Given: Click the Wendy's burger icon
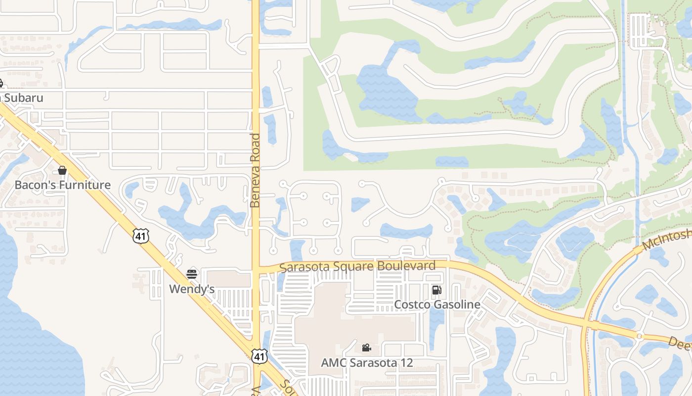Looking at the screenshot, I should coord(192,274).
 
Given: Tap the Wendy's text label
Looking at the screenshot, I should coord(192,289).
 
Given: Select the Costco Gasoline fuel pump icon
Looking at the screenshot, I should coord(436,290).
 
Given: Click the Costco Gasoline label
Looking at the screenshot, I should coord(437,304).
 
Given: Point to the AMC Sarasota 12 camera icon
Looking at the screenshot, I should coord(366,347).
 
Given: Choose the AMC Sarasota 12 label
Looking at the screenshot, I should coord(367,362).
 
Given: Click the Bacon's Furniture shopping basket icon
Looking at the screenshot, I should coord(62,170).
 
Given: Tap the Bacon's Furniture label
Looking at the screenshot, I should coord(62,185).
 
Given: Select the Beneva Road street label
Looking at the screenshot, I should coord(255,170).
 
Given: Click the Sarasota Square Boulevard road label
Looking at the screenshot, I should coord(357,266).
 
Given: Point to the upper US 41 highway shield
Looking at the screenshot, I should coord(141,236).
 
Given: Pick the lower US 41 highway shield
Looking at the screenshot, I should coord(259,355).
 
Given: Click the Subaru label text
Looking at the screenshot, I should coord(23,98).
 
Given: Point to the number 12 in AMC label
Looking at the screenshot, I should coord(406,362).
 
